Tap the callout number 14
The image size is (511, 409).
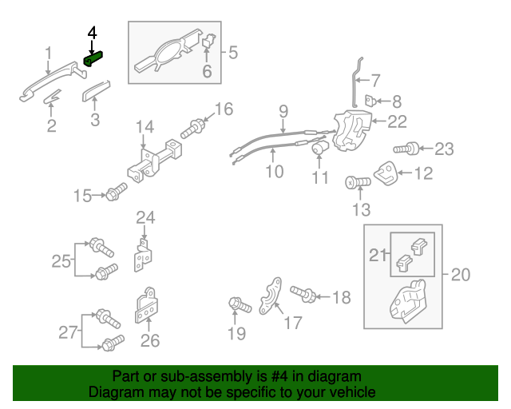point(144,126)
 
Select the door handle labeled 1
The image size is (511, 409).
point(50,85)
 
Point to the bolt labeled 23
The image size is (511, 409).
point(406,149)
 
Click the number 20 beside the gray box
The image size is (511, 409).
point(461,275)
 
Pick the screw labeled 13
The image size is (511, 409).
point(357,183)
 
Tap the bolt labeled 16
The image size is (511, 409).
point(195,126)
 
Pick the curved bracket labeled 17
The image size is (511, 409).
point(271,295)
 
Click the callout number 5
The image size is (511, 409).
point(233,54)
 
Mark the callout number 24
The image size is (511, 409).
point(145,217)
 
